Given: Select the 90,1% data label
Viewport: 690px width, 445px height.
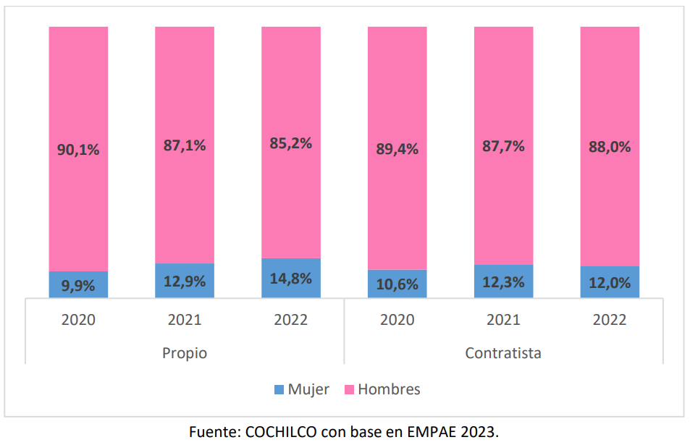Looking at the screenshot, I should [x=78, y=150].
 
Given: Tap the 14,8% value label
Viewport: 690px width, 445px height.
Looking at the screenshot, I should [x=290, y=279].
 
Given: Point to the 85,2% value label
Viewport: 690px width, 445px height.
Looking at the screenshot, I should [x=290, y=143].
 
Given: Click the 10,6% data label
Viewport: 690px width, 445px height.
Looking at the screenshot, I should [x=397, y=284].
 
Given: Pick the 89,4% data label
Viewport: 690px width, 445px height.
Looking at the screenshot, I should [x=397, y=149].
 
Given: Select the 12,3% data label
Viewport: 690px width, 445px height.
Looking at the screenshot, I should [x=503, y=281].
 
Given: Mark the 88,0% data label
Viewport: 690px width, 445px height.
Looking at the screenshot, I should [x=610, y=146].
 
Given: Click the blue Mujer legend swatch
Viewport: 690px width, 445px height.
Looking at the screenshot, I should [x=279, y=390].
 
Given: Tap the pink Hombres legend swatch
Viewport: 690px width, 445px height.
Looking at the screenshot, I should [x=349, y=390].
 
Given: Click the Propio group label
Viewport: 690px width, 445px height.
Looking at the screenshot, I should [x=185, y=353].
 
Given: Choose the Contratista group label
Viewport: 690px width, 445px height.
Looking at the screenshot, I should [x=503, y=353].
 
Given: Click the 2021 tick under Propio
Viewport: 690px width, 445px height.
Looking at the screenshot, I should [x=185, y=319].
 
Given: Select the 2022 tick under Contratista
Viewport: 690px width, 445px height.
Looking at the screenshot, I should [x=610, y=319].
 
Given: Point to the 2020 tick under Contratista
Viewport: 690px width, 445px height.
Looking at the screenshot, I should [x=397, y=319].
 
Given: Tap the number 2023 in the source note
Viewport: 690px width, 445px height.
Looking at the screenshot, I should [x=479, y=432].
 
